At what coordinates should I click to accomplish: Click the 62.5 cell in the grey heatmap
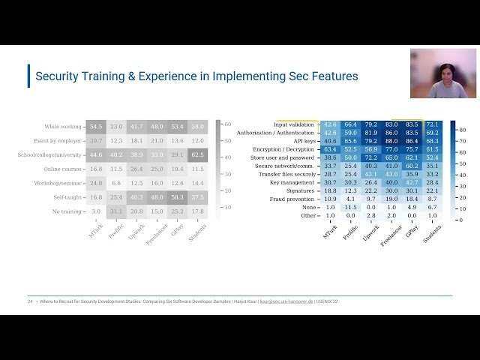[197, 154]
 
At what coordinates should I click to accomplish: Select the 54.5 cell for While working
[95, 127]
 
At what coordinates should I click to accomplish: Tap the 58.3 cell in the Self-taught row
[177, 197]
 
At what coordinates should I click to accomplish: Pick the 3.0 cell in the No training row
[95, 211]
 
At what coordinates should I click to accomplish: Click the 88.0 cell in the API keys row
[391, 140]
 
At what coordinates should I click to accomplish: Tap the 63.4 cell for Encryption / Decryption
[330, 149]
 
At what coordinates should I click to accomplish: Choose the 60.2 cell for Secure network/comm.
[412, 166]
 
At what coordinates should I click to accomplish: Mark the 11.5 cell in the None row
[350, 207]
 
